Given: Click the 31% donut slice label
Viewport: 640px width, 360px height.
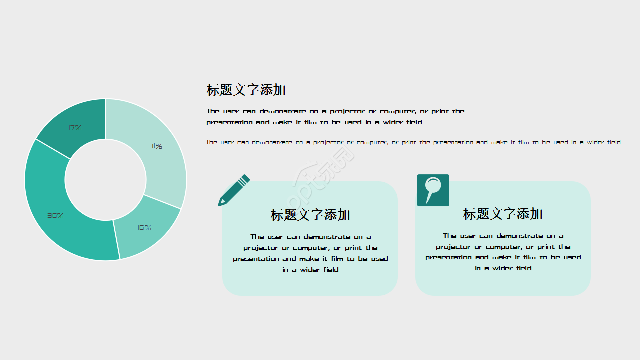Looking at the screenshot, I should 155,146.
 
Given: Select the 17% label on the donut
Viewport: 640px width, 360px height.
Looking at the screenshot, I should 75,128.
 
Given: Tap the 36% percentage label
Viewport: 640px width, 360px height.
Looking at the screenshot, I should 55,216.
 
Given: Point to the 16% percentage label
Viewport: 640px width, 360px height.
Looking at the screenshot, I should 144,228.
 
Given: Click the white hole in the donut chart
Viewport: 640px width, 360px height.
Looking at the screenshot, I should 105,180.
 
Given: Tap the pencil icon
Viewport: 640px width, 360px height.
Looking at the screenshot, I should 233,190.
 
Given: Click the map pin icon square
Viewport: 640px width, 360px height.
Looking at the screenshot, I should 433,190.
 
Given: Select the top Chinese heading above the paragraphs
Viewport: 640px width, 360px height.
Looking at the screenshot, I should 246,90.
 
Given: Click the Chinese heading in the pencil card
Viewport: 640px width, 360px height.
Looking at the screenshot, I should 310,215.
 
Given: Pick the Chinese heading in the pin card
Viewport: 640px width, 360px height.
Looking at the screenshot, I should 502,214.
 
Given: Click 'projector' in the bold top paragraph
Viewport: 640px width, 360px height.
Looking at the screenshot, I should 347,111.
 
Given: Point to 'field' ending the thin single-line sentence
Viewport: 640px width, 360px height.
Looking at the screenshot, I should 614,142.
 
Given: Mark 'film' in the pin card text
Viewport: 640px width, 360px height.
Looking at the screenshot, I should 529,257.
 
